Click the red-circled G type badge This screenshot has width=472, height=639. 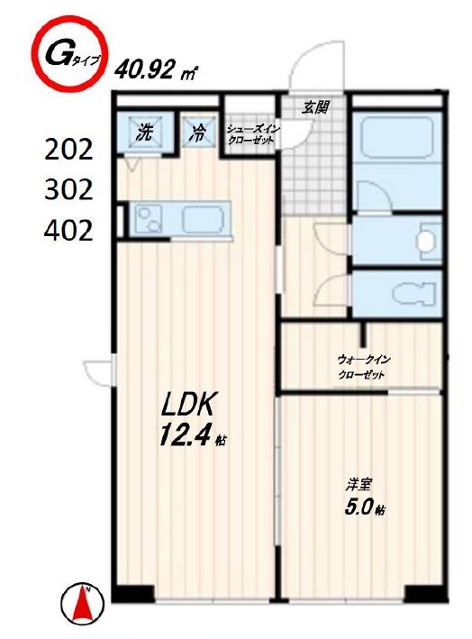(69, 53)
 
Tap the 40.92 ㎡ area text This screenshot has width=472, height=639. (156, 70)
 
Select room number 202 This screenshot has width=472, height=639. (68, 150)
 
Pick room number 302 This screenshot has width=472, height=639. (68, 189)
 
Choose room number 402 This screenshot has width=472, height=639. (68, 230)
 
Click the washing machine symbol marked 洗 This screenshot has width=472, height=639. (145, 132)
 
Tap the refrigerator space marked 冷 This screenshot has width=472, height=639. (198, 132)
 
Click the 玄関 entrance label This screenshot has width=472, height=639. (314, 107)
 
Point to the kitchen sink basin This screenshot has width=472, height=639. (149, 219)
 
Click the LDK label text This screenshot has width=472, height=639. (187, 405)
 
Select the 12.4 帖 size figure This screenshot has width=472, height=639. (192, 434)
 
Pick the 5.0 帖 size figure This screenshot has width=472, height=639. (364, 507)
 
